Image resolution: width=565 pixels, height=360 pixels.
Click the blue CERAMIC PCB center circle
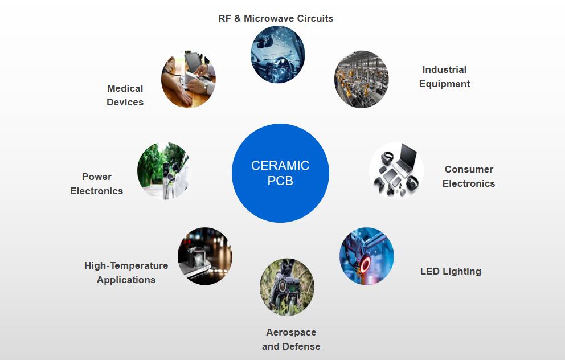[280, 173]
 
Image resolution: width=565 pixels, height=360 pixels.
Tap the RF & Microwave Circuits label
[276, 18]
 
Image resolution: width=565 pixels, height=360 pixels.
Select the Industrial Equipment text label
[444, 77]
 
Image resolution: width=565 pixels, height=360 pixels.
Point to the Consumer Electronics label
[469, 177]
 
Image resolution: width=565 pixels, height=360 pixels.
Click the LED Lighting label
[451, 271]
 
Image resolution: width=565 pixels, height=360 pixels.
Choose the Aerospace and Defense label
[291, 339]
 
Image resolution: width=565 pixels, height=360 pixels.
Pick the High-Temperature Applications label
[126, 273]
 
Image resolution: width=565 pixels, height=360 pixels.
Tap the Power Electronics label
[97, 184]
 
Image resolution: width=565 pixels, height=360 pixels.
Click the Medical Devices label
[125, 95]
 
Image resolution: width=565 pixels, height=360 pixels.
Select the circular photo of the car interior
[278, 54]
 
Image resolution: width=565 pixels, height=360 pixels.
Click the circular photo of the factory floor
[361, 79]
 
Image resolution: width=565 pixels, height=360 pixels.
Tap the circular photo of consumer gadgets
[396, 170]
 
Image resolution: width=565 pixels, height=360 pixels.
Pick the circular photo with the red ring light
[367, 256]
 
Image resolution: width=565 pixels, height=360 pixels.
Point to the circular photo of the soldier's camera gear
[287, 287]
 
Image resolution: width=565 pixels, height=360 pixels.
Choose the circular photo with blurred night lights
[205, 256]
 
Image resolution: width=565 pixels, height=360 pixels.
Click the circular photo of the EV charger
[164, 170]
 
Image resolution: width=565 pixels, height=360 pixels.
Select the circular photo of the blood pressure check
[189, 79]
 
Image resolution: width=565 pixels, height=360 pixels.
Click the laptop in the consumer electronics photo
[406, 159]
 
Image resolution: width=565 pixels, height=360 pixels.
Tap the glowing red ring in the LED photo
[365, 263]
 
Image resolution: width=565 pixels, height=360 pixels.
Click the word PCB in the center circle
[280, 181]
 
